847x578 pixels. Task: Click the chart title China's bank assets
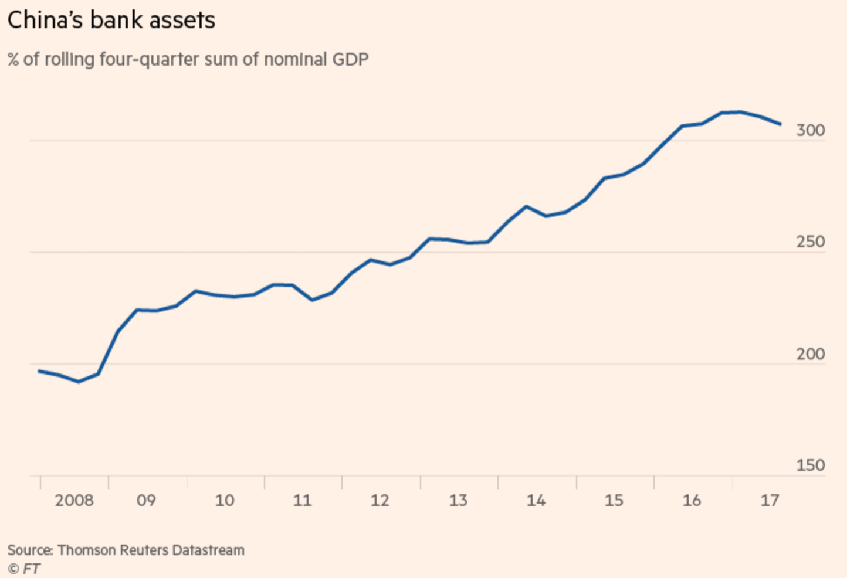(111, 21)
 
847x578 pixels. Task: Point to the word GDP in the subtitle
(350, 60)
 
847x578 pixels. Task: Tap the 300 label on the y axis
(810, 130)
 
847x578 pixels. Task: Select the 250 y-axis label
(810, 242)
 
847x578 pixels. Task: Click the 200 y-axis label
(810, 354)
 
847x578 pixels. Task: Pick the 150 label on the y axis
(810, 465)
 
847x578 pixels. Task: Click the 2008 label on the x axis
(74, 501)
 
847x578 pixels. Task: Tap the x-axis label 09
(146, 501)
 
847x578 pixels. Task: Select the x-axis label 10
(224, 501)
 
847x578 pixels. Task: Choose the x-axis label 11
(302, 501)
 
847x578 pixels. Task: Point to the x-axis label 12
(380, 501)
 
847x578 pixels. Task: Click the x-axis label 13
(458, 501)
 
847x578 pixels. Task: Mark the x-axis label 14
(536, 501)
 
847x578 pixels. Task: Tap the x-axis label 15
(614, 501)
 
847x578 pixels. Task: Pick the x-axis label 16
(692, 501)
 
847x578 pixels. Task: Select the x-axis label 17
(770, 501)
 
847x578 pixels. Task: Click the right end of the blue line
(780, 124)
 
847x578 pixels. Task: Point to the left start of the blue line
(39, 371)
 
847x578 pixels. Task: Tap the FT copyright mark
(24, 569)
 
